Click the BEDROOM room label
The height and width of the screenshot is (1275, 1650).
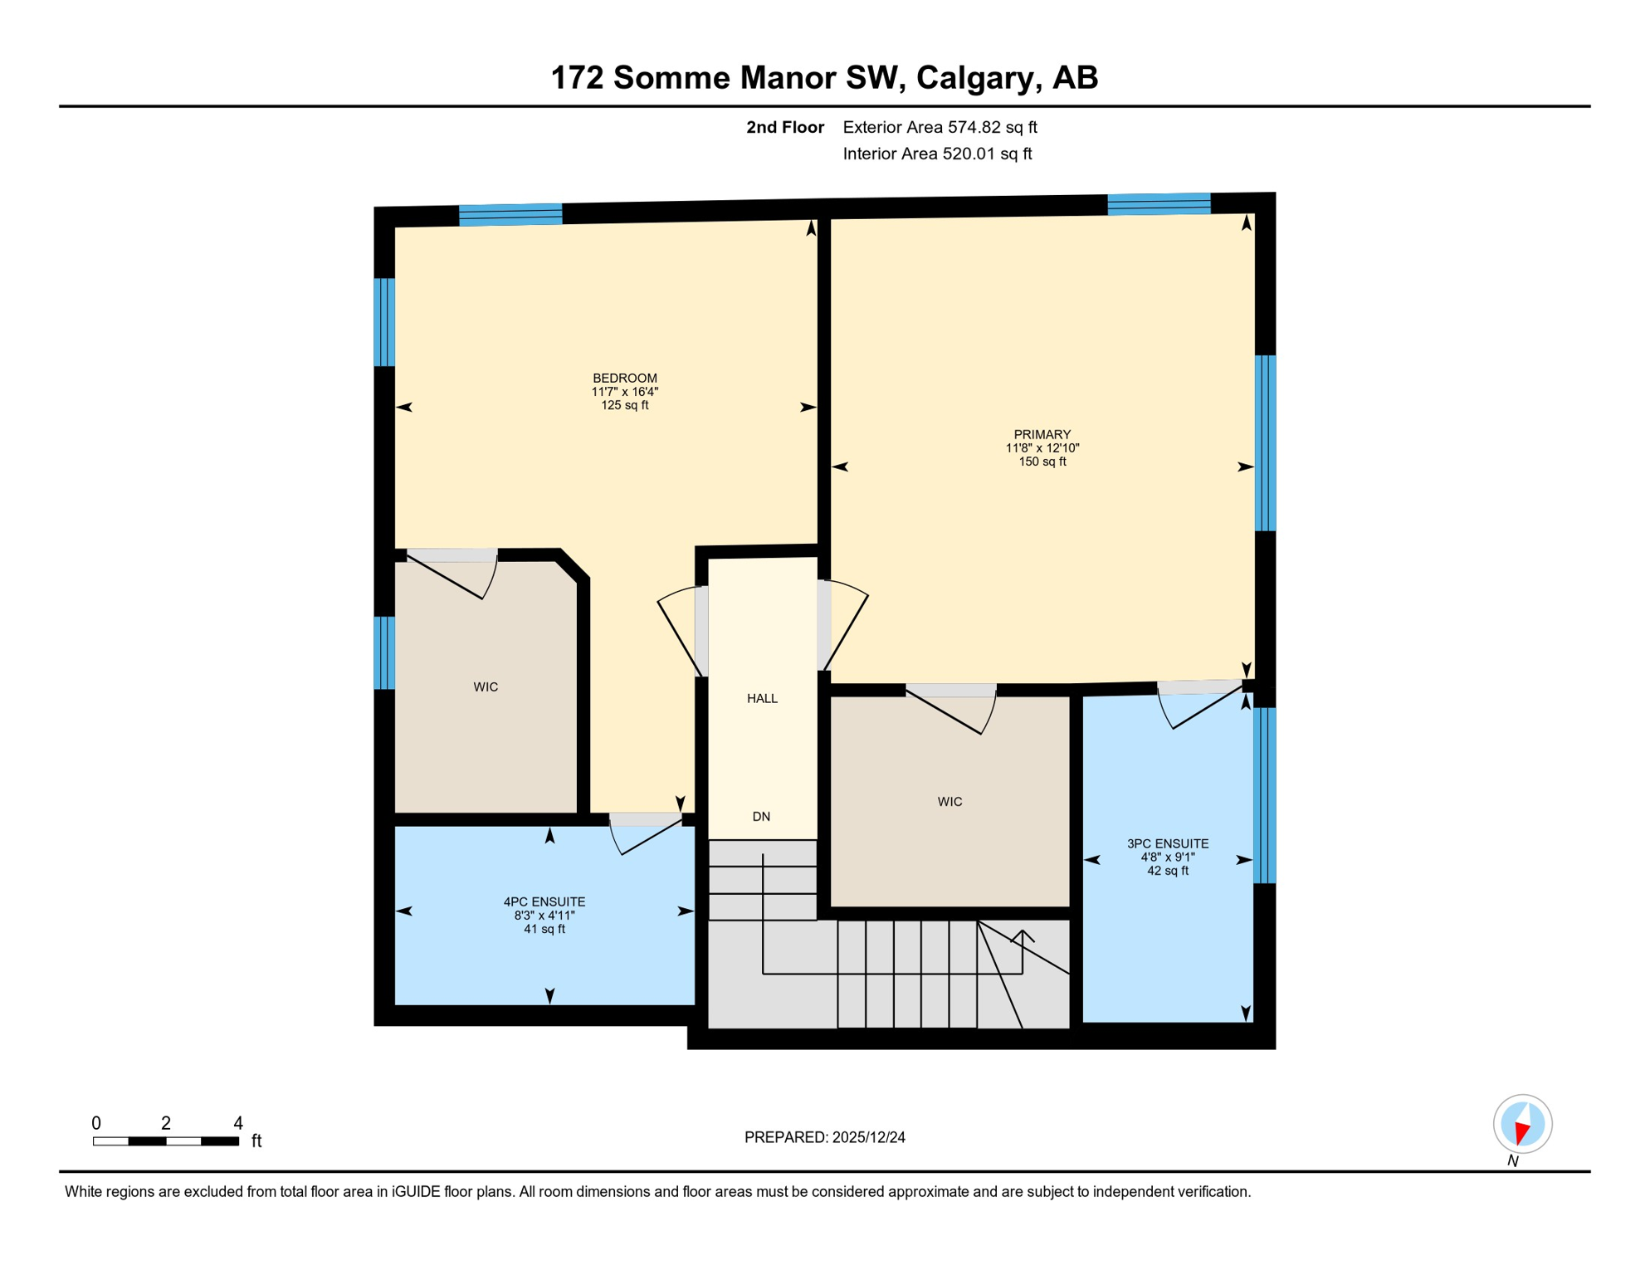point(624,379)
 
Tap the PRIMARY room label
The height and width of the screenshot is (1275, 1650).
point(1042,435)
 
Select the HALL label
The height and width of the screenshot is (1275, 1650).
point(762,699)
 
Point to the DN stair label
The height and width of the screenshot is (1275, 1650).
point(761,817)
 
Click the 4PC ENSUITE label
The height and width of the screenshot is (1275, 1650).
point(544,902)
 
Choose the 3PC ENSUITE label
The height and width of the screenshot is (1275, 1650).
point(1167,844)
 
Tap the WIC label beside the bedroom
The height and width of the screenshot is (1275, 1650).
point(486,687)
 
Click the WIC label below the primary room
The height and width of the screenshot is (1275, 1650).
point(949,802)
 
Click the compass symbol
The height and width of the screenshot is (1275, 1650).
point(1522,1124)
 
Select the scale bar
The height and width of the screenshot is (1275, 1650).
point(166,1141)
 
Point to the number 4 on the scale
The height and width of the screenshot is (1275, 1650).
point(238,1123)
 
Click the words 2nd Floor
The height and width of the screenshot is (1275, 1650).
point(784,127)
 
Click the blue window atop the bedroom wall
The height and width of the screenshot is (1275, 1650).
point(510,214)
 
